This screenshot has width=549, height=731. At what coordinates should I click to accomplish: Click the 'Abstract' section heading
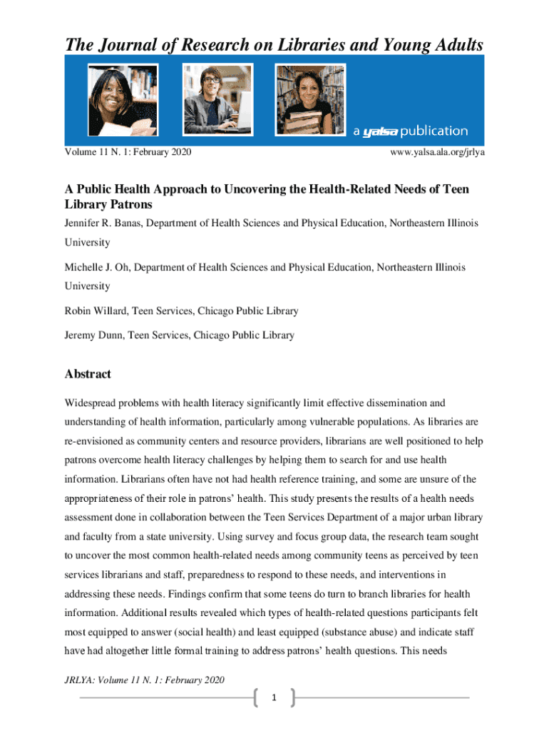tap(88, 374)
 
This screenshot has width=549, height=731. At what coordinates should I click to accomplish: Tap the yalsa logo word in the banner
tap(379, 131)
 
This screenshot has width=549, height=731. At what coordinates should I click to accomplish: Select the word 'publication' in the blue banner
tap(433, 131)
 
